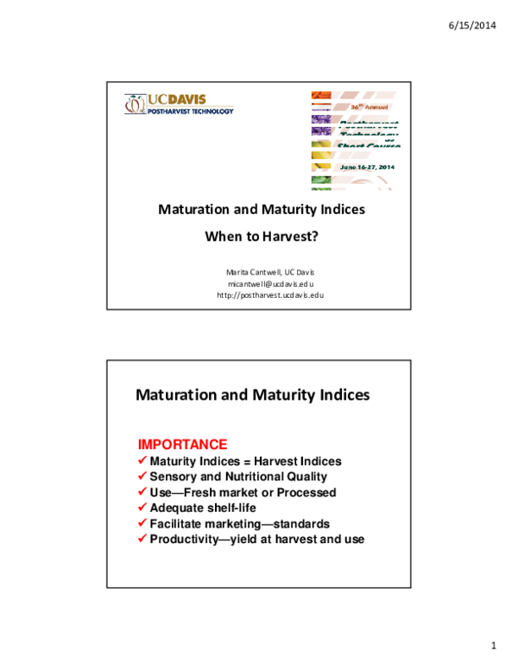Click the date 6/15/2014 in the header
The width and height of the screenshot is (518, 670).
(x=472, y=25)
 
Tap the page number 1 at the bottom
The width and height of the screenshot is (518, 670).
(x=493, y=646)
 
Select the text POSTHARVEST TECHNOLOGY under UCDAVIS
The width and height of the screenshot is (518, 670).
(x=190, y=111)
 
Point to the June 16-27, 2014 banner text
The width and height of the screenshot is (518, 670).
(x=366, y=166)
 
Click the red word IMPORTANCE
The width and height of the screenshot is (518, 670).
(x=182, y=445)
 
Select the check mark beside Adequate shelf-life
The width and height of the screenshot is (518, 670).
(x=142, y=508)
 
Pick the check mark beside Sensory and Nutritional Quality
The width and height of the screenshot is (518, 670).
(x=142, y=477)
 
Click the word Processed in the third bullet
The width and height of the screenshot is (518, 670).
(x=307, y=492)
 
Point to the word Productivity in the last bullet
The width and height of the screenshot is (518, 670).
(x=183, y=539)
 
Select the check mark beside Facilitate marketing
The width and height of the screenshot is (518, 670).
(x=142, y=523)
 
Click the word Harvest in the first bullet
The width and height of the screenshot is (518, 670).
(x=275, y=461)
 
